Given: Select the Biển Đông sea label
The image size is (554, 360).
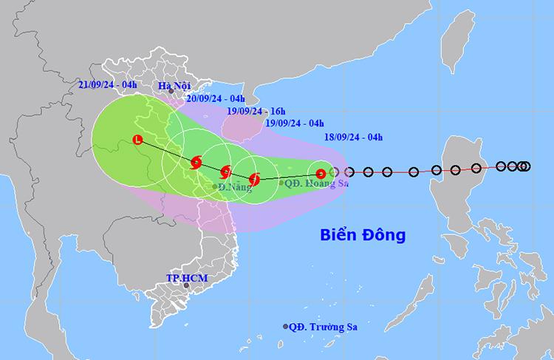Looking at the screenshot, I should [x=363, y=237].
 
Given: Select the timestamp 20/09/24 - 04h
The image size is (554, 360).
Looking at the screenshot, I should [x=216, y=98].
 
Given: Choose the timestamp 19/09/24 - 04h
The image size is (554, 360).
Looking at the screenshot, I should [x=294, y=123].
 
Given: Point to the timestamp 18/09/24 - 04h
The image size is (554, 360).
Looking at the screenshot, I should [x=353, y=137].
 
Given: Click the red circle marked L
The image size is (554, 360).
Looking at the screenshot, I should [x=137, y=140].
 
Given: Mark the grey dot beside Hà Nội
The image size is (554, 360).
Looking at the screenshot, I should [x=171, y=92].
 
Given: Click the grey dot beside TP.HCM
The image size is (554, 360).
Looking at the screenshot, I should [x=186, y=286].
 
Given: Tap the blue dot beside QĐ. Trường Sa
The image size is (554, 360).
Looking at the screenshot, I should [x=286, y=327].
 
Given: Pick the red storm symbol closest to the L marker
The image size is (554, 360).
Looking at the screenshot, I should [x=196, y=163].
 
